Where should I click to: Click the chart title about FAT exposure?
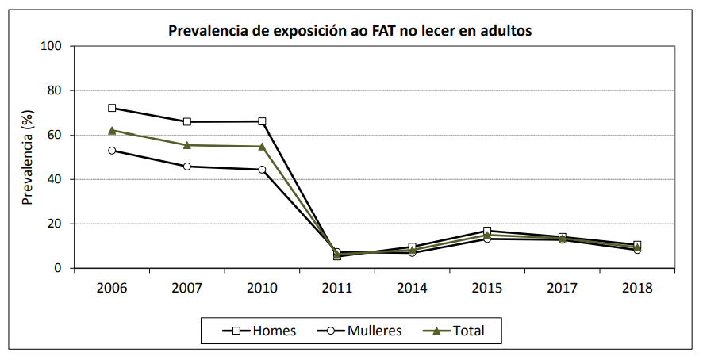(x=350, y=32)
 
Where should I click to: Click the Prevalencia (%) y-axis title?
(x=28, y=157)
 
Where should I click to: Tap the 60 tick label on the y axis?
(x=55, y=135)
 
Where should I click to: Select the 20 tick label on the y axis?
(x=55, y=224)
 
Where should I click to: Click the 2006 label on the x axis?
(x=112, y=288)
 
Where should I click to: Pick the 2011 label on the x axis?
(x=337, y=288)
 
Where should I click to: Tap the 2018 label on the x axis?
(x=637, y=288)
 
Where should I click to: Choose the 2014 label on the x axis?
(x=412, y=288)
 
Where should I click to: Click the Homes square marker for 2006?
(x=112, y=108)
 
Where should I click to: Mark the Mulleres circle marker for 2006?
(x=112, y=151)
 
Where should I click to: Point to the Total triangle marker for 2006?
(x=112, y=130)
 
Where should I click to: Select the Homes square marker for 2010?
(x=262, y=121)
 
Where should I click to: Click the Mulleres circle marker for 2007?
(x=187, y=167)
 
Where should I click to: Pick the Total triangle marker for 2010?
(x=262, y=146)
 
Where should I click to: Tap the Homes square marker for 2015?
(x=487, y=231)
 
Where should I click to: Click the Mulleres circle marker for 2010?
(x=262, y=170)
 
